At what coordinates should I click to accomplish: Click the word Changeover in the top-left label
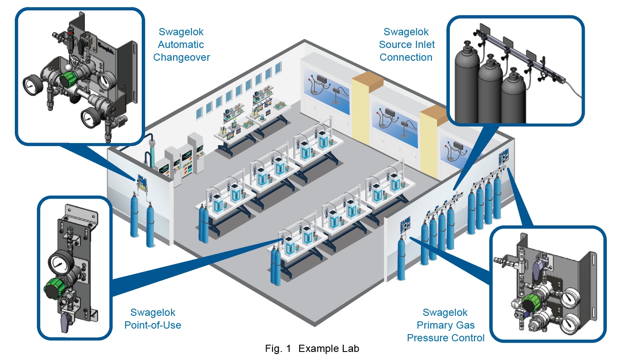pos(181,57)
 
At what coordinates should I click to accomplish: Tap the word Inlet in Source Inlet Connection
pos(422,45)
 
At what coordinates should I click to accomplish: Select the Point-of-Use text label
pos(152,325)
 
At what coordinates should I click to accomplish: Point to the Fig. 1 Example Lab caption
pos(312,349)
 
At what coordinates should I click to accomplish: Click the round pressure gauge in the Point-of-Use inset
pos(59,263)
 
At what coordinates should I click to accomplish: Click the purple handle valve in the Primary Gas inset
pos(538,266)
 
